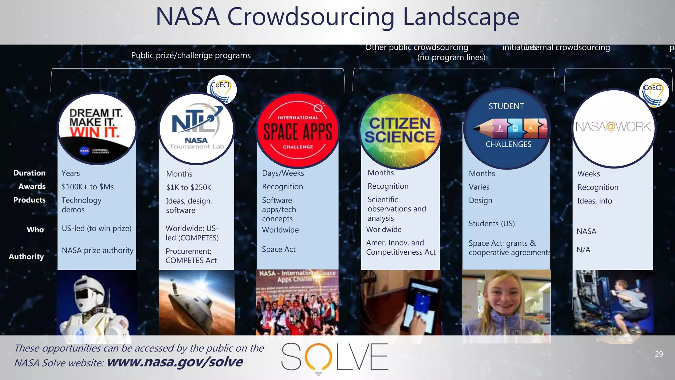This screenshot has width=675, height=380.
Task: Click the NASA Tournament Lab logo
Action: click(x=196, y=128)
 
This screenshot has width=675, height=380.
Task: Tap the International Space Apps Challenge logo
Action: click(x=298, y=130)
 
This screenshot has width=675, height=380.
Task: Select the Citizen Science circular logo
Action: click(x=400, y=130)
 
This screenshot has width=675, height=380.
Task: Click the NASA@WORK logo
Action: click(x=613, y=128)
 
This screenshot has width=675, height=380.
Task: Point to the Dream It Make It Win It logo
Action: click(x=97, y=129)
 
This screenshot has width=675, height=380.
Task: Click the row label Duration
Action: click(x=29, y=173)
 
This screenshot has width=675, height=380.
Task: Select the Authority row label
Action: click(x=26, y=257)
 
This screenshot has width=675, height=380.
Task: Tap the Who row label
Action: click(x=35, y=230)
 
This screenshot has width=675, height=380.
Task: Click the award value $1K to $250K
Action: click(x=189, y=187)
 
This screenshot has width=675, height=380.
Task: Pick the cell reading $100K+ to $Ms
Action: click(x=88, y=187)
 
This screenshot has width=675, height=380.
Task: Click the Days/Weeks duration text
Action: click(x=283, y=173)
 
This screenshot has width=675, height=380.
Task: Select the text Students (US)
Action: click(x=492, y=224)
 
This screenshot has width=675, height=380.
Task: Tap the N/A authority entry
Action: click(x=583, y=250)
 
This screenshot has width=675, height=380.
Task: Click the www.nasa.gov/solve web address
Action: click(x=175, y=362)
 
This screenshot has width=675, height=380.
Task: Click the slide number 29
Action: click(x=659, y=354)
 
